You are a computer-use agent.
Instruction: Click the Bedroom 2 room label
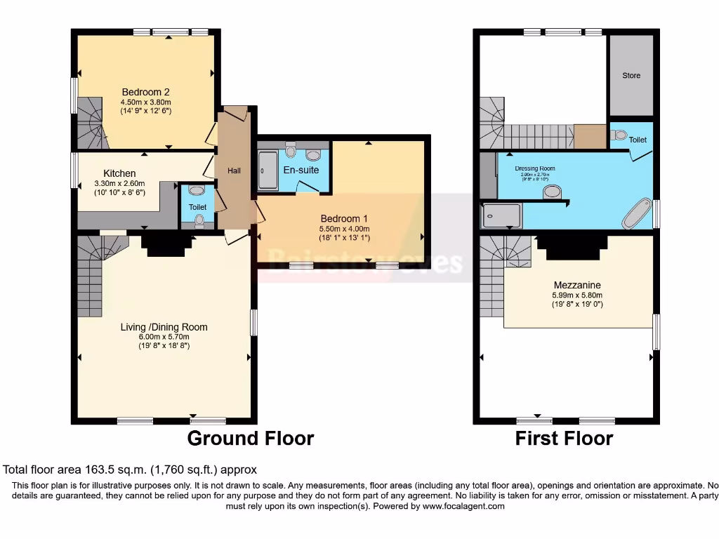[x=146, y=92]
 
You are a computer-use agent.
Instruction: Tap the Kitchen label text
[x=119, y=173]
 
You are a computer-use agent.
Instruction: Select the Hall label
[x=235, y=171]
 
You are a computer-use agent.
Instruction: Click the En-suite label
[x=301, y=170]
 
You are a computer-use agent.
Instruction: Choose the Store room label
[x=631, y=76]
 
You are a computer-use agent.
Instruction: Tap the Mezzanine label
[x=576, y=286]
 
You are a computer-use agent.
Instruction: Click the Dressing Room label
[x=535, y=168]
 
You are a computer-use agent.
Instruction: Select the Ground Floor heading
[x=250, y=439]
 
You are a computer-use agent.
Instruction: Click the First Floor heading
[x=564, y=439]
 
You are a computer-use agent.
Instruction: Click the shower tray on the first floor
[x=502, y=215]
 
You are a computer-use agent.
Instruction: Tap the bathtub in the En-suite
[x=268, y=171]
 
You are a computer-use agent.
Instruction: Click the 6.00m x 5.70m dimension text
[x=164, y=337]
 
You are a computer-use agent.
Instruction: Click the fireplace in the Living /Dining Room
[x=166, y=244]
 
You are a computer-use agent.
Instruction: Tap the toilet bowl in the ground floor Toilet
[x=199, y=221]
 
